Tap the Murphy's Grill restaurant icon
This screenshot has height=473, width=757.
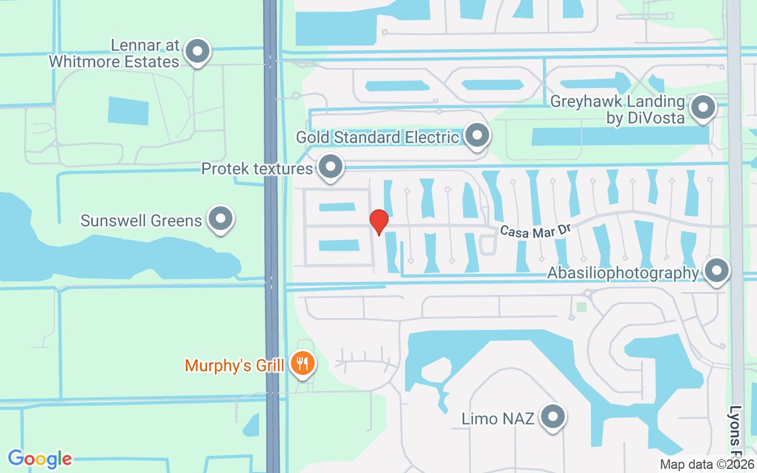point(302,364)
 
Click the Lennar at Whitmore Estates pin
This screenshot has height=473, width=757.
point(198,52)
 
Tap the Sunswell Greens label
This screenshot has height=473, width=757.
point(141,221)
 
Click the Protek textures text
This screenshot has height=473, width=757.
point(257,169)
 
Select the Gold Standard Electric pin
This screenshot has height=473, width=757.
point(476,136)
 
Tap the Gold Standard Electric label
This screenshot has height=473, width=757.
point(377,137)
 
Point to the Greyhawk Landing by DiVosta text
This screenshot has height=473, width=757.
point(617,109)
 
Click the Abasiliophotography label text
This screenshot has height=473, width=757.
point(623,273)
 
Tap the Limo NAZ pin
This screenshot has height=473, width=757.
point(553,417)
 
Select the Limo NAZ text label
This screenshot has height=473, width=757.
point(498,419)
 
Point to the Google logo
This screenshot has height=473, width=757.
point(40,458)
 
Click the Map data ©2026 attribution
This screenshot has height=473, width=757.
point(707,464)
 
